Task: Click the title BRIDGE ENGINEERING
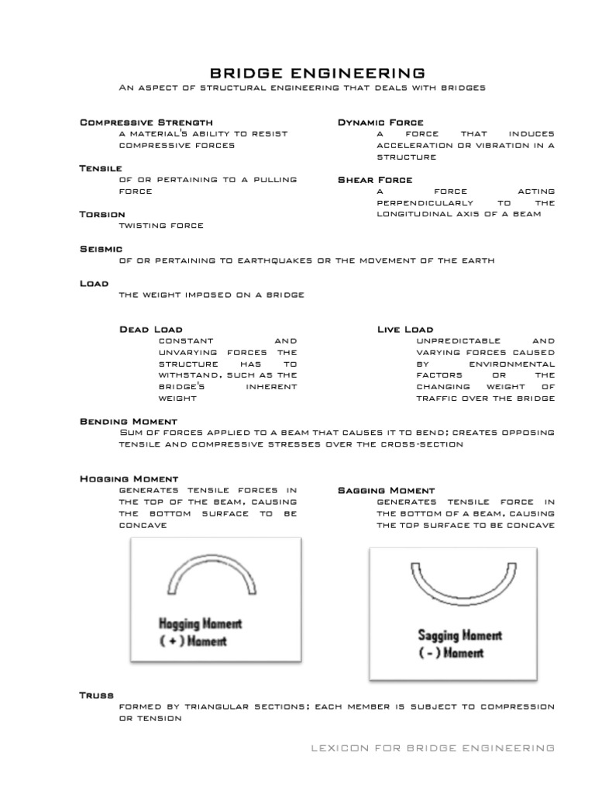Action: (x=318, y=73)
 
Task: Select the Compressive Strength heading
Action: (x=146, y=123)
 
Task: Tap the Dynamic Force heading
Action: (x=380, y=123)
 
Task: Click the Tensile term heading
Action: (x=101, y=168)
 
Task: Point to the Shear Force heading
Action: (x=376, y=180)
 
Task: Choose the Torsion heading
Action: (x=102, y=214)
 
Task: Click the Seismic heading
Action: (x=101, y=249)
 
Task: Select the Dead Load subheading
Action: (x=151, y=330)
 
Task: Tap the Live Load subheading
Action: (x=405, y=330)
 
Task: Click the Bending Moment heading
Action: (x=129, y=421)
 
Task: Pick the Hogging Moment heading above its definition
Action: (x=129, y=479)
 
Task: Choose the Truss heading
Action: (x=97, y=696)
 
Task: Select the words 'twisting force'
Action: (x=160, y=226)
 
